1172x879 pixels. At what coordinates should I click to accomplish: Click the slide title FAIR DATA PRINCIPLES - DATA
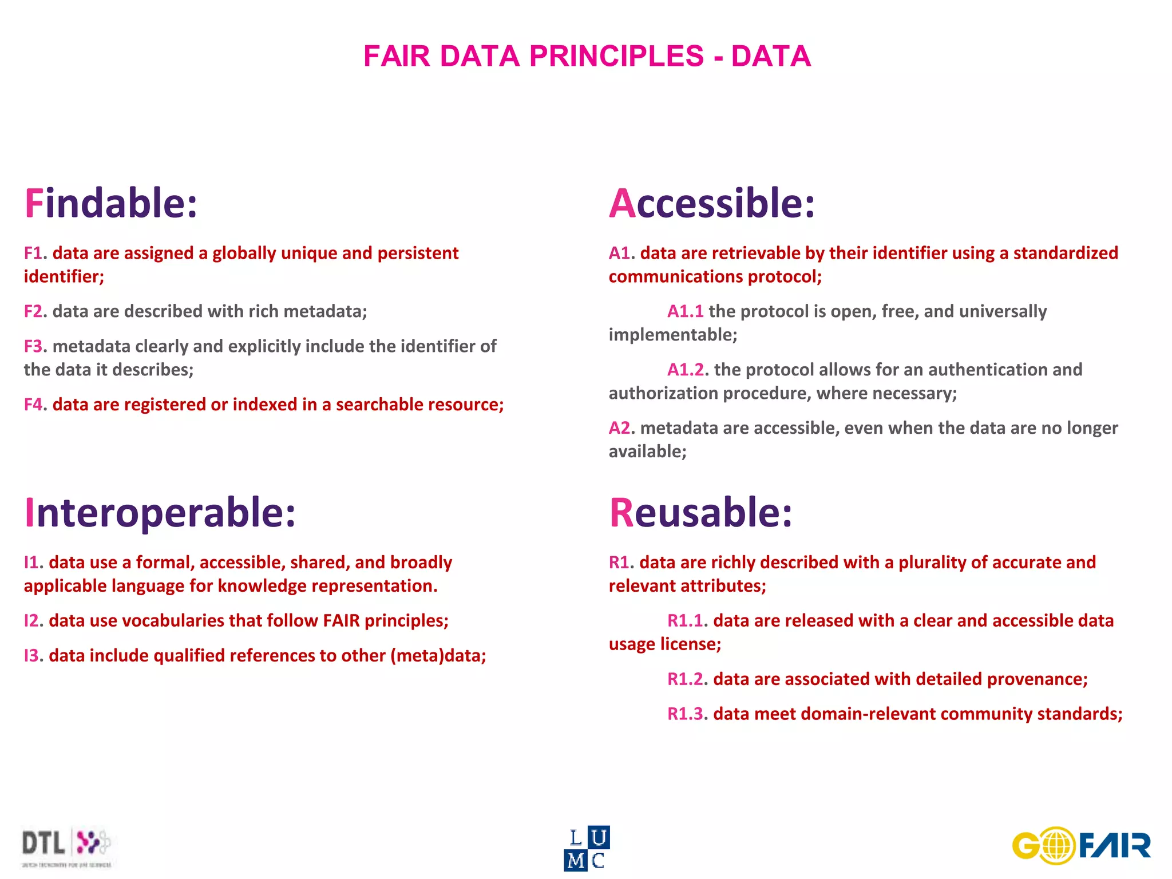coord(587,56)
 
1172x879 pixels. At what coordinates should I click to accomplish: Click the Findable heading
coord(111,204)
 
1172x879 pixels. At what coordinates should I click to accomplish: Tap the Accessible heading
coord(711,204)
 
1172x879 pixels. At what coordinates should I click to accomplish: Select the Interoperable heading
coord(160,512)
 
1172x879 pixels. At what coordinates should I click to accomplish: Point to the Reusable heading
coord(700,512)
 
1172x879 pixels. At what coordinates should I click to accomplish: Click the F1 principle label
coord(33,254)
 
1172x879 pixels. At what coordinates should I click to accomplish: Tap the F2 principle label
coord(33,311)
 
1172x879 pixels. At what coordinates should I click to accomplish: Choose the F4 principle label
coord(33,405)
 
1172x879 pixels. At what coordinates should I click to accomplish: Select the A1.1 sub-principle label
coord(685,311)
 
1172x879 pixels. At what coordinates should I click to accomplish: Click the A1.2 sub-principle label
coord(686,370)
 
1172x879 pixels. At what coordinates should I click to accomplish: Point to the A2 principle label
coord(619,428)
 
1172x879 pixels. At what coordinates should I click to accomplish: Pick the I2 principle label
coord(31,621)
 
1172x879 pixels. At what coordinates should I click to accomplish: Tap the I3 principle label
coord(31,656)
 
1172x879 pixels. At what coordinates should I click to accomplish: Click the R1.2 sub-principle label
coord(685,679)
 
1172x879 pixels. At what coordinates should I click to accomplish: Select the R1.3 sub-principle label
coord(685,714)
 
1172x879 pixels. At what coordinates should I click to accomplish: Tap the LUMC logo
coord(587,848)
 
